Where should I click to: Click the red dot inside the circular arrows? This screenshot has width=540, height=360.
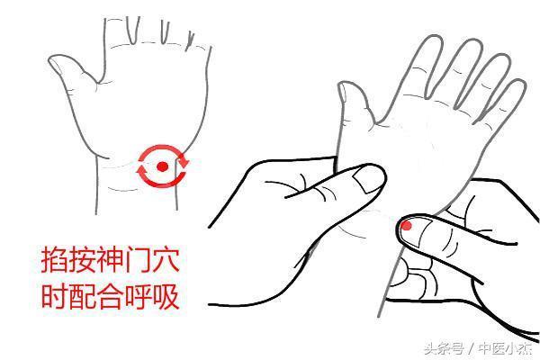coord(162,166)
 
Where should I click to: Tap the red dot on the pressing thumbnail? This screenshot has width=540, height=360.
coord(407,226)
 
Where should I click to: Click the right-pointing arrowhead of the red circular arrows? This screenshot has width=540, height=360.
coord(184,159)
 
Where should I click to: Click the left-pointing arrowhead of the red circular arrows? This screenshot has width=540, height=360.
coord(141,171)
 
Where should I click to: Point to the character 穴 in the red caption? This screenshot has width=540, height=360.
coord(166,260)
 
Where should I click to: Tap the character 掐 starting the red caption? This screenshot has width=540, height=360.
coord(54,260)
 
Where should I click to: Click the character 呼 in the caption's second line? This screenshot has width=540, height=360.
coord(138,296)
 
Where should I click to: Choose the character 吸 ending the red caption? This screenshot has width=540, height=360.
coord(166,296)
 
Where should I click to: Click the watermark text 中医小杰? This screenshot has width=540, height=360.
coord(506,348)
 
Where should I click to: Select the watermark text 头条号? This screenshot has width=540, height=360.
coord(444,348)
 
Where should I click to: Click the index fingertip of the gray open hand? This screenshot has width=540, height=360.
coord(433,40)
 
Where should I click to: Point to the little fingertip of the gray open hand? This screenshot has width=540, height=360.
coord(518,85)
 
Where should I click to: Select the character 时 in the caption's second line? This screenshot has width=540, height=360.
coord(54,296)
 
